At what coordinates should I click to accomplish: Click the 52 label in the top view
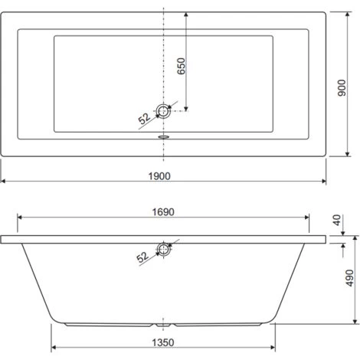(x=143, y=119)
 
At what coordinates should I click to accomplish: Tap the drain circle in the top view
(x=163, y=111)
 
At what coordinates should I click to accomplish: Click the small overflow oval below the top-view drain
(x=163, y=139)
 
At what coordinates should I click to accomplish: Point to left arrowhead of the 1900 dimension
(x=4, y=183)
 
